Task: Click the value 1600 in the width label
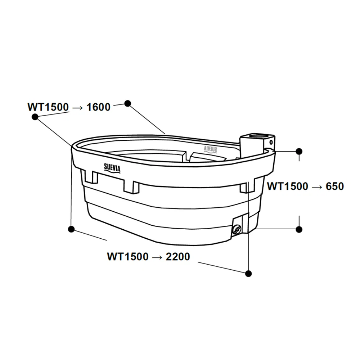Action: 99,107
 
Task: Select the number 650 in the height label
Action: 335,186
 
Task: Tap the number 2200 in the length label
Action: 178,257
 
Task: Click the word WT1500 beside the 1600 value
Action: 48,107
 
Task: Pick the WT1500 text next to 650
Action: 287,186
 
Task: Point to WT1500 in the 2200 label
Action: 128,257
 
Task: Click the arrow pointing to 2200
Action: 157,257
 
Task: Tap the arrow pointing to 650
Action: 317,187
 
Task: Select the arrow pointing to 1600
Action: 78,108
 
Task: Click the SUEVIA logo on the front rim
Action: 112,168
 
